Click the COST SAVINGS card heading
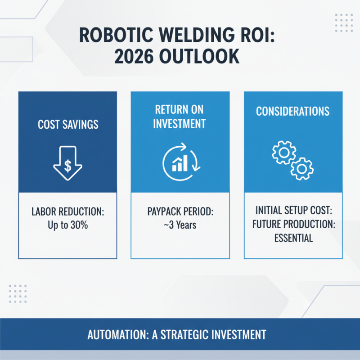[67, 124]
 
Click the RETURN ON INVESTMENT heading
[180, 117]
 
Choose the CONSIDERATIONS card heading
[292, 111]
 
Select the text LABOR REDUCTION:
[67, 212]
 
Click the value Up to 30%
[67, 225]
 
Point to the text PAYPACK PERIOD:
[180, 212]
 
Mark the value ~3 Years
[180, 225]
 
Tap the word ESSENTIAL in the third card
[292, 238]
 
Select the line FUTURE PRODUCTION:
[292, 225]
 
